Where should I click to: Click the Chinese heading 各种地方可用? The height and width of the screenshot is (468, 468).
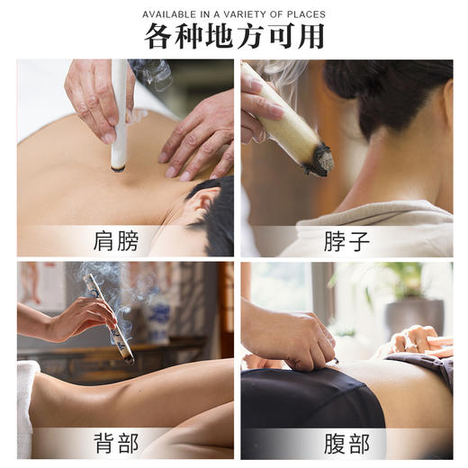click(x=234, y=36)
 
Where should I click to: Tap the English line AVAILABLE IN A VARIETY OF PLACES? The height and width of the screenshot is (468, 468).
click(x=234, y=14)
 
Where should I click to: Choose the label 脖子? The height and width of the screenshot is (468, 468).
click(x=346, y=241)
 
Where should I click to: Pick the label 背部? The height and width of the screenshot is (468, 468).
click(x=116, y=443)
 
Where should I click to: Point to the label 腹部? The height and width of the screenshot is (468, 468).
click(x=346, y=443)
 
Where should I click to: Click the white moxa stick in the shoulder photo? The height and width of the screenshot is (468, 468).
click(x=119, y=117)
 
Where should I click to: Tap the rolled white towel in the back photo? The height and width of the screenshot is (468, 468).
click(x=28, y=396)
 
